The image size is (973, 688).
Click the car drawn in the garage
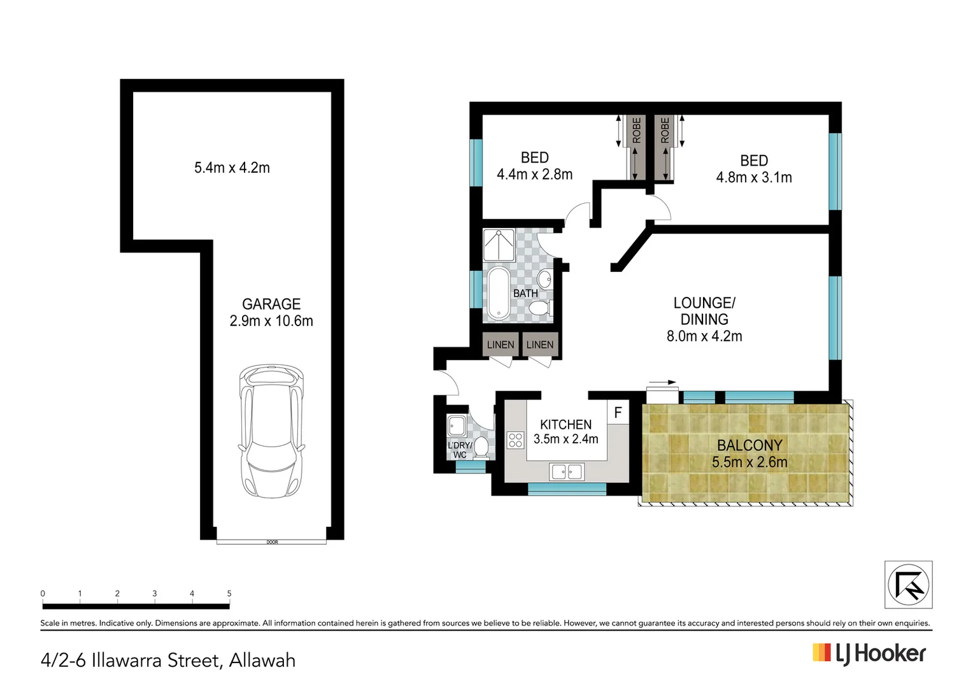click(271, 431)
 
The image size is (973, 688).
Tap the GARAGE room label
click(271, 304)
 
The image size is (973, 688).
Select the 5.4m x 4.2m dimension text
click(232, 168)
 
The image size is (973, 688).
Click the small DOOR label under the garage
click(272, 542)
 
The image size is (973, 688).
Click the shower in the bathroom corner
click(498, 245)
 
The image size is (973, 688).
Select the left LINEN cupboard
click(500, 345)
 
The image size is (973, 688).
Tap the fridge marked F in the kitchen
click(618, 413)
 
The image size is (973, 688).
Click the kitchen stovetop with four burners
click(515, 440)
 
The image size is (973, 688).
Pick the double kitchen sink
click(567, 472)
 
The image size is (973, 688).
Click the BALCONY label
click(749, 445)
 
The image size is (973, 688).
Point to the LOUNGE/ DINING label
click(704, 311)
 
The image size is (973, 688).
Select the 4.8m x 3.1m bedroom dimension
click(754, 178)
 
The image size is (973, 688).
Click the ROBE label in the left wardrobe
click(637, 131)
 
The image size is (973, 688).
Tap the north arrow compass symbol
click(908, 584)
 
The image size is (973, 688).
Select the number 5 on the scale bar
click(229, 593)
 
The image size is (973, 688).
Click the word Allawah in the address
click(262, 660)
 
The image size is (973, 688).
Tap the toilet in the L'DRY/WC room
click(481, 447)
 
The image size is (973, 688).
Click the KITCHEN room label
click(565, 424)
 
